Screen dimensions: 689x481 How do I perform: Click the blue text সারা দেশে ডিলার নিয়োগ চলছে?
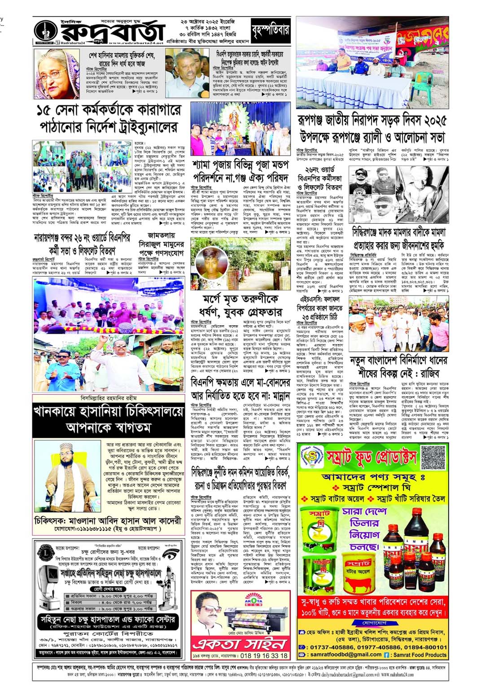(361, 523)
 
